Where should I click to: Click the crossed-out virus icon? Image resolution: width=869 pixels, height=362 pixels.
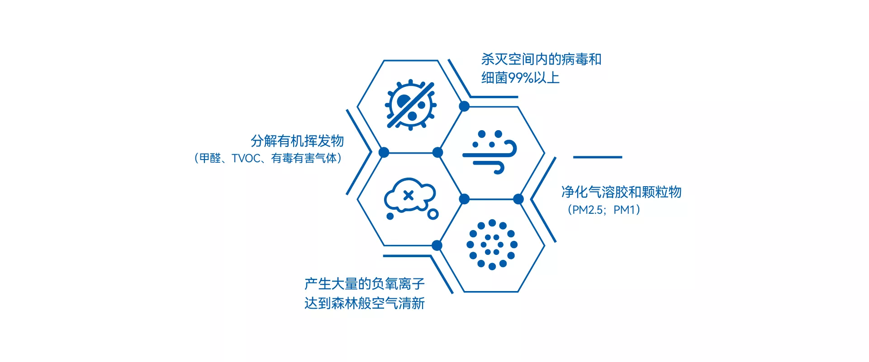(410, 105)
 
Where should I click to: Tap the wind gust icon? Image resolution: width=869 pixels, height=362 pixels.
(489, 152)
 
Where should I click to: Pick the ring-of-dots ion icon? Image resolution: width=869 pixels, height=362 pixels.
(492, 244)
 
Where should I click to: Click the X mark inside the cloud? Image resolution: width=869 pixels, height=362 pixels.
(408, 195)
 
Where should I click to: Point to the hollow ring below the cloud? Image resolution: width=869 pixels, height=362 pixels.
(433, 214)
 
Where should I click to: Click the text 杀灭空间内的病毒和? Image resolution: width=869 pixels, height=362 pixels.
(541, 59)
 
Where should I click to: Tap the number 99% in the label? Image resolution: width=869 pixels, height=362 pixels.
(521, 78)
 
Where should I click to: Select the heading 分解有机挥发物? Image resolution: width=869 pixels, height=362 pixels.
(297, 141)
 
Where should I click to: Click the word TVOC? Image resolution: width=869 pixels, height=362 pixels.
(246, 159)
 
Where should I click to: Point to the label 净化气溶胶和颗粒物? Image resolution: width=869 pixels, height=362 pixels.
(621, 192)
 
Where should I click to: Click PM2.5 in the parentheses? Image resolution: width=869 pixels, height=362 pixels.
(588, 210)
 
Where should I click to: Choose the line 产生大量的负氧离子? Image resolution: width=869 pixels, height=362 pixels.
(365, 284)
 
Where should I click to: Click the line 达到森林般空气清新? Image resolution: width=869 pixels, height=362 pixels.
(365, 303)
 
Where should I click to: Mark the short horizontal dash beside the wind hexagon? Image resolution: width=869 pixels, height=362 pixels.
(598, 157)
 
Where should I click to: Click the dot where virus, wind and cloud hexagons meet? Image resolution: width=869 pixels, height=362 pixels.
(437, 152)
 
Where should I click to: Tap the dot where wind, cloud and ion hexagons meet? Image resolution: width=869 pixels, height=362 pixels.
(464, 199)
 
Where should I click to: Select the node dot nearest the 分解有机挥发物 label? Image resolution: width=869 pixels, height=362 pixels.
(384, 152)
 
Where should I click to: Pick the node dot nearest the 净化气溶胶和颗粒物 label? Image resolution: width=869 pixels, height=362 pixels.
(518, 199)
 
